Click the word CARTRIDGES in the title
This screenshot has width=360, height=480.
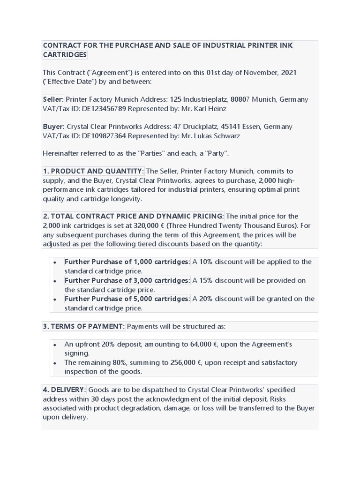[x=65, y=55]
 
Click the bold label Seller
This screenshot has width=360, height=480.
[x=52, y=99]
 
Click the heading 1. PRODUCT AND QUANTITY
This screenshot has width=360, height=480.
[x=92, y=171]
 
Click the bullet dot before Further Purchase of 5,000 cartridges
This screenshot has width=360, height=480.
[x=55, y=300]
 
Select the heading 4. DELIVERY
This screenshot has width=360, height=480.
[x=64, y=390]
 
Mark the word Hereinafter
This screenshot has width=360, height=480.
[x=63, y=153]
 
